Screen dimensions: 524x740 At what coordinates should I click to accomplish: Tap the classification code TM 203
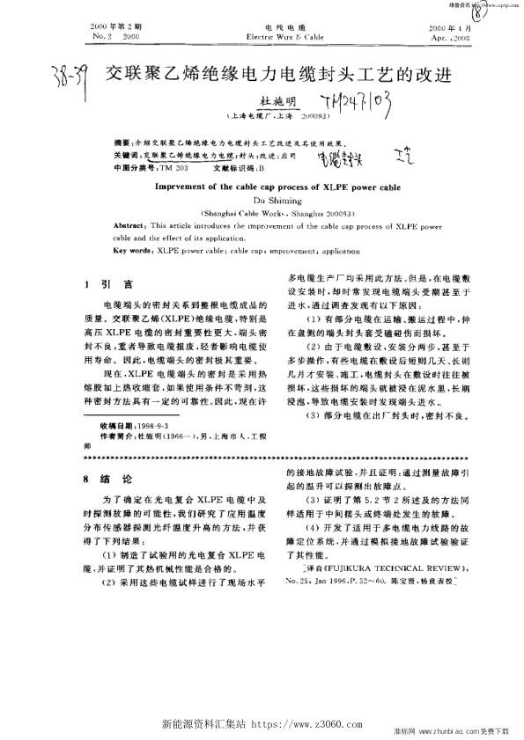tap(175, 165)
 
